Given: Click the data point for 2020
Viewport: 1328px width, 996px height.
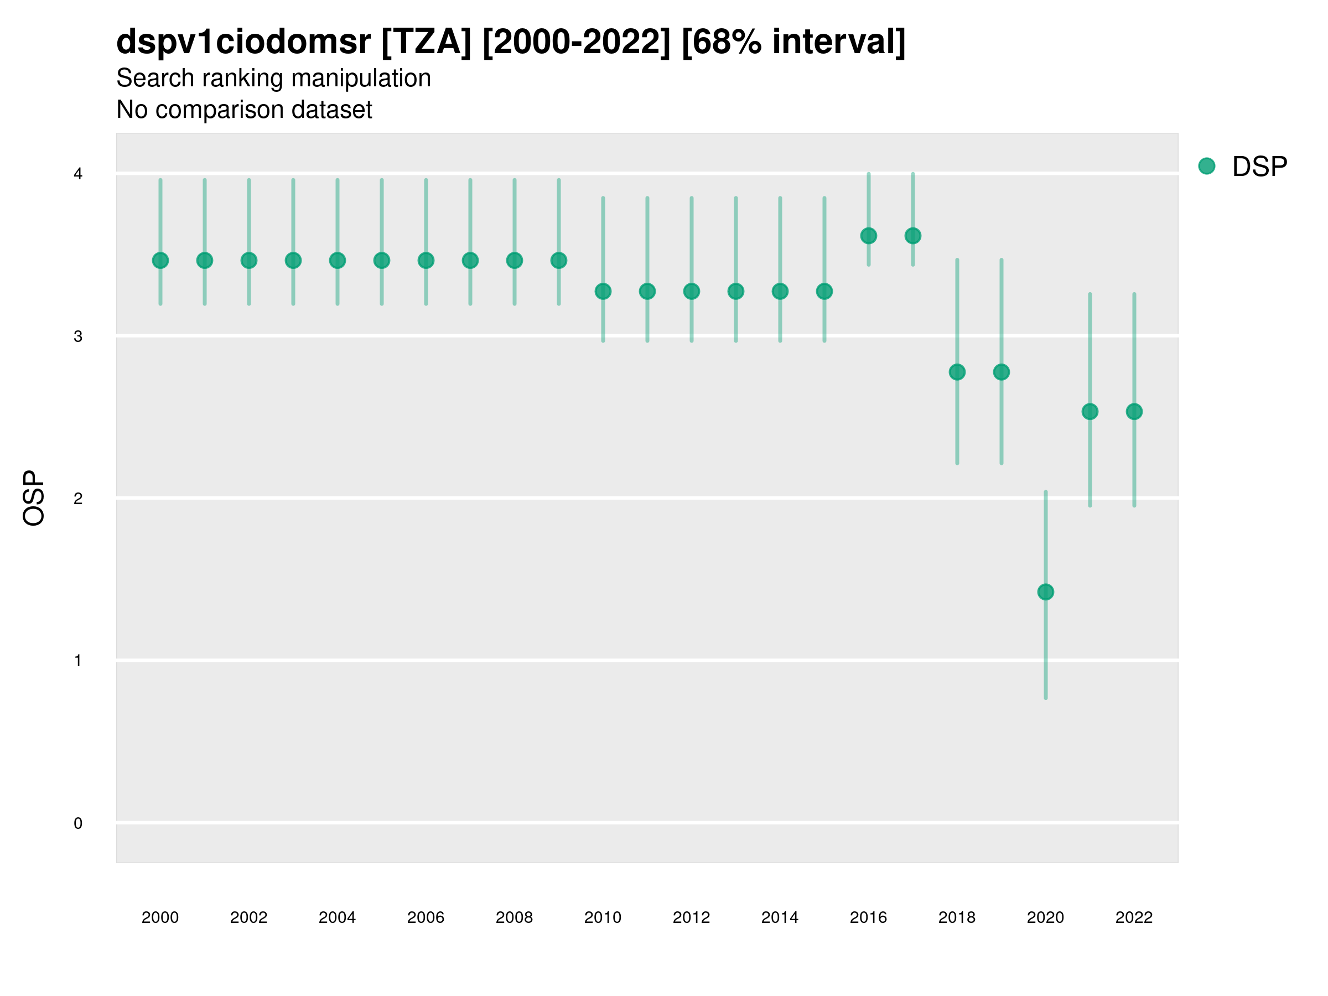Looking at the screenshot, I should click(1045, 592).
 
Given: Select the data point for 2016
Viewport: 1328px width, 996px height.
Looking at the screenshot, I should click(868, 236).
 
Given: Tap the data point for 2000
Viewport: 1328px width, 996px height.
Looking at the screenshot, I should click(160, 261).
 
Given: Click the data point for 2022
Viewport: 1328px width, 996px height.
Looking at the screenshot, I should click(1134, 412).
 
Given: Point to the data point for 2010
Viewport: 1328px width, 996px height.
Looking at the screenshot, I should click(603, 291).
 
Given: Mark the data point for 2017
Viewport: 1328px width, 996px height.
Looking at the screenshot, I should click(912, 236).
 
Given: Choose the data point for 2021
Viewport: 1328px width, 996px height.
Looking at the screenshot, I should click(1090, 412).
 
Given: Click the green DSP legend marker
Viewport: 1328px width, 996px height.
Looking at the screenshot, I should click(1206, 167).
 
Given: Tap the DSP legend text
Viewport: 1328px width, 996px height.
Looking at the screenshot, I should click(1259, 167).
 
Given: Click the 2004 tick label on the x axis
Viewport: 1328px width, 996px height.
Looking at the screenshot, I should click(337, 917).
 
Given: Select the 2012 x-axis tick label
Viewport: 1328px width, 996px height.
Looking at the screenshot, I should click(691, 917).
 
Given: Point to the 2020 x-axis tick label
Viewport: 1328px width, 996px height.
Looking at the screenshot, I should click(1045, 917).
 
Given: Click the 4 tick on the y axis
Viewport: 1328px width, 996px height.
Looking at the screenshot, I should click(78, 174).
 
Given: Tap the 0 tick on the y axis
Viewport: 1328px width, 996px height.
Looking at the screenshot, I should click(78, 823).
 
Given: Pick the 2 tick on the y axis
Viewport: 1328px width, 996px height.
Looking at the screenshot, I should click(78, 499).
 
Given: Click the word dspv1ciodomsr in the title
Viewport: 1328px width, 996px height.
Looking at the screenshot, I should click(243, 42).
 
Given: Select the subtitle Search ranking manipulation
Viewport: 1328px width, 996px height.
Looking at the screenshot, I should click(273, 78).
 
